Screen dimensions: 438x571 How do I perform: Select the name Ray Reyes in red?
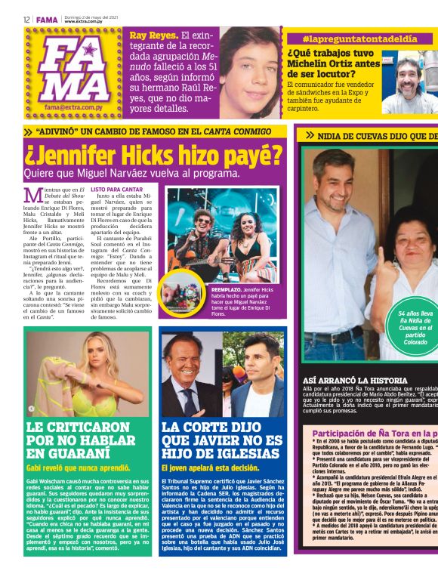[x=153, y=35]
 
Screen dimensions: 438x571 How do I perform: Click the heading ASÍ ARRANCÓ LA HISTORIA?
[x=354, y=380]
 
